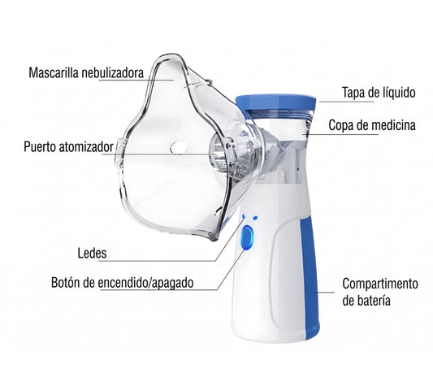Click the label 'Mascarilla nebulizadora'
pyautogui.click(x=86, y=73)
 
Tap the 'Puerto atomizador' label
pyautogui.click(x=68, y=146)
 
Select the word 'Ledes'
pyautogui.click(x=92, y=253)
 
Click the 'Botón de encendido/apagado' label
pyautogui.click(x=123, y=283)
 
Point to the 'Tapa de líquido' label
pyautogui.click(x=379, y=93)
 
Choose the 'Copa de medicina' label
pyautogui.click(x=372, y=125)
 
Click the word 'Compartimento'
pyautogui.click(x=380, y=284)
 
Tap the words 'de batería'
pyautogui.click(x=366, y=300)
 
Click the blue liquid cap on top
pyautogui.click(x=275, y=102)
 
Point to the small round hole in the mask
pyautogui.click(x=179, y=147)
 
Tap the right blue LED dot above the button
pyautogui.click(x=255, y=218)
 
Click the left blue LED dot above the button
pyautogui.click(x=244, y=217)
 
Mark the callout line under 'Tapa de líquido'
pyautogui.click(x=347, y=102)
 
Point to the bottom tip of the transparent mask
pyautogui.click(x=214, y=238)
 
